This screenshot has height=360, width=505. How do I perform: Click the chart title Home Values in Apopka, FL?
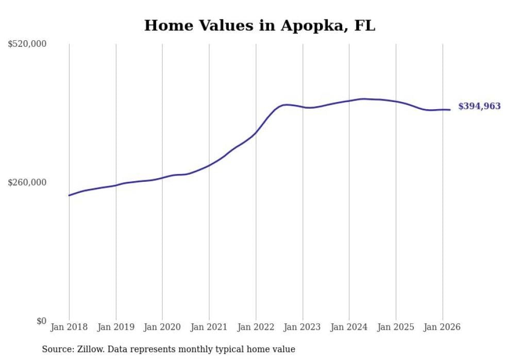(260, 26)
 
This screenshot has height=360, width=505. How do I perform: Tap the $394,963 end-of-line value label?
(479, 106)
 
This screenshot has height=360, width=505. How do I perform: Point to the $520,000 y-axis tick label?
(27, 44)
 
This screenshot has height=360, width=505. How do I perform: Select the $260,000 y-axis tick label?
(27, 182)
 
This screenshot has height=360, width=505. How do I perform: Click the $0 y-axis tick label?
(41, 321)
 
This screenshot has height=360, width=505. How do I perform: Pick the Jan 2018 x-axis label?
(69, 327)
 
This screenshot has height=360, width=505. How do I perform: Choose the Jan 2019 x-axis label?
(116, 327)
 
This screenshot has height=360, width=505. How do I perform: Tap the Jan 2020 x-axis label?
(162, 327)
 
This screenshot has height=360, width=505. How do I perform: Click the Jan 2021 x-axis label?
(209, 327)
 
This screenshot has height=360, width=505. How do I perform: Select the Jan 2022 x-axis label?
(256, 327)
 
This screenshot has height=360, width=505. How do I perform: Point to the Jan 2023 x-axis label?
(302, 327)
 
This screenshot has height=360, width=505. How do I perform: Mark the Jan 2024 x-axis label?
(349, 327)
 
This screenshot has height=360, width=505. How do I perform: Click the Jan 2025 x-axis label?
(396, 327)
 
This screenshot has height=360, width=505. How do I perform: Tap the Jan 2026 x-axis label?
(442, 327)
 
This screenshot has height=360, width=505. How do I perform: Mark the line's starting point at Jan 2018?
(69, 195)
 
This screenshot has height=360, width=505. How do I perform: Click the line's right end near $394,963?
(450, 110)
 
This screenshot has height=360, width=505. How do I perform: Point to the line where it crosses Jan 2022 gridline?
(256, 133)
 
